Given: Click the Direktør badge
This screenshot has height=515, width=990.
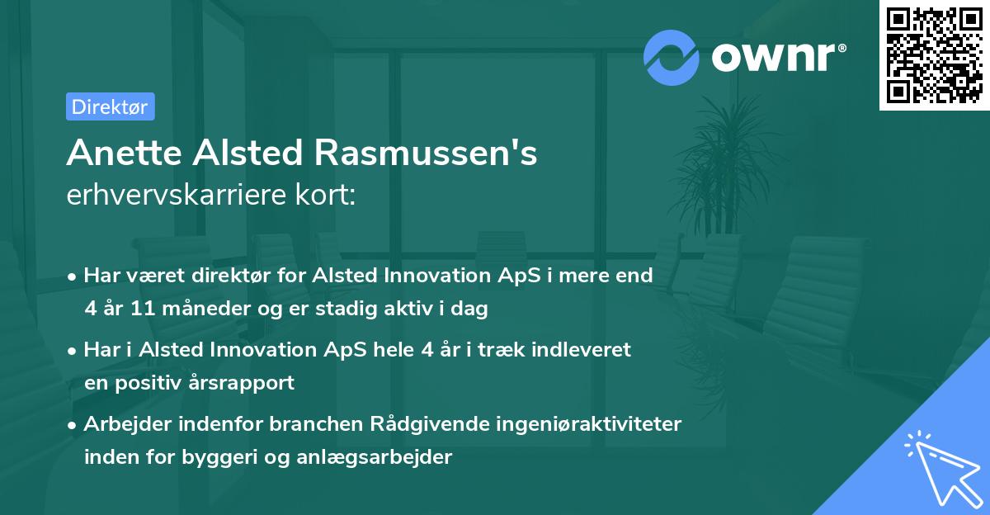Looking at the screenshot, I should pos(110,106).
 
